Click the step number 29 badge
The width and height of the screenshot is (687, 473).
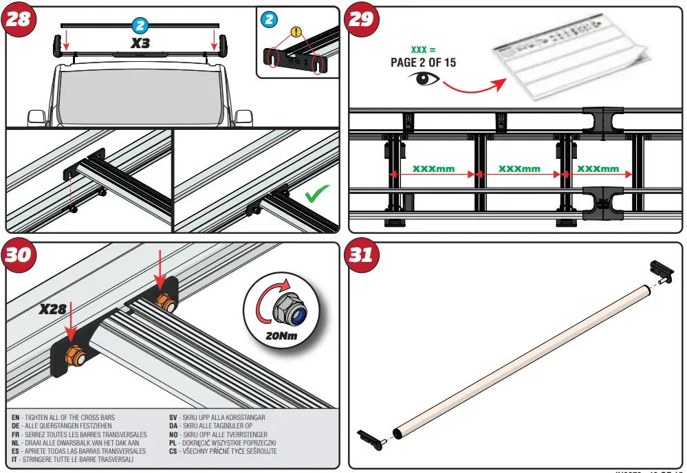[x=360, y=19]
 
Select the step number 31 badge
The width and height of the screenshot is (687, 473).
[x=360, y=255]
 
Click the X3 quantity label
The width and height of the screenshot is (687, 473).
[x=141, y=42]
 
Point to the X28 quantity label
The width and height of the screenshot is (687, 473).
[x=53, y=309]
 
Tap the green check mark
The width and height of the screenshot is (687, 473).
[x=316, y=195]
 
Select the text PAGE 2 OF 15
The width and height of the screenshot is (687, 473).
[x=423, y=63]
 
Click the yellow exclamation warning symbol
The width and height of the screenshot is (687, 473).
[x=296, y=31]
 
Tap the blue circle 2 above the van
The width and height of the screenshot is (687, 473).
[x=140, y=25]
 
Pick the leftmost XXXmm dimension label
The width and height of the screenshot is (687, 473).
[x=433, y=168]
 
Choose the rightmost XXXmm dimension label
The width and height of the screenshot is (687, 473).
[x=598, y=168]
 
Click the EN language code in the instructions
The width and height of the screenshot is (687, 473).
[x=16, y=417]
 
